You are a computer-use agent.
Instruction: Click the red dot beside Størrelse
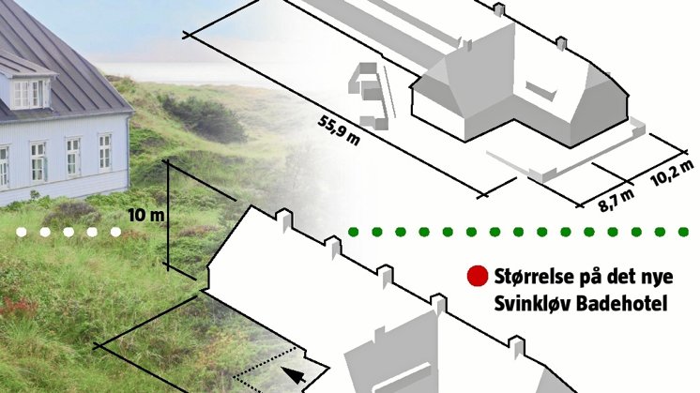tap(478, 277)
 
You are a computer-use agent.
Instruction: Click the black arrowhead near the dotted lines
tap(296, 376)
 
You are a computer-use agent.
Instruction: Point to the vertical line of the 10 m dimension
tap(167, 220)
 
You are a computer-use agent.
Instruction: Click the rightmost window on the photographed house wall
tap(104, 151)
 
